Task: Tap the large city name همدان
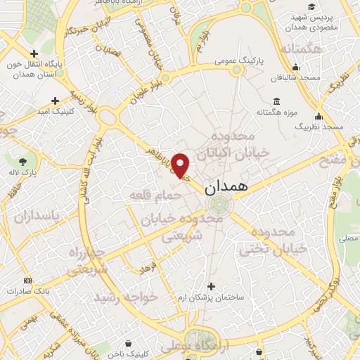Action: [x=227, y=188]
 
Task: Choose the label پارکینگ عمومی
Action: [x=239, y=62]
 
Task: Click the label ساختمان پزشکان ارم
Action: [x=211, y=297]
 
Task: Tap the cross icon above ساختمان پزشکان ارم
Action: [x=211, y=285]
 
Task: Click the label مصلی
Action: [x=349, y=240]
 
